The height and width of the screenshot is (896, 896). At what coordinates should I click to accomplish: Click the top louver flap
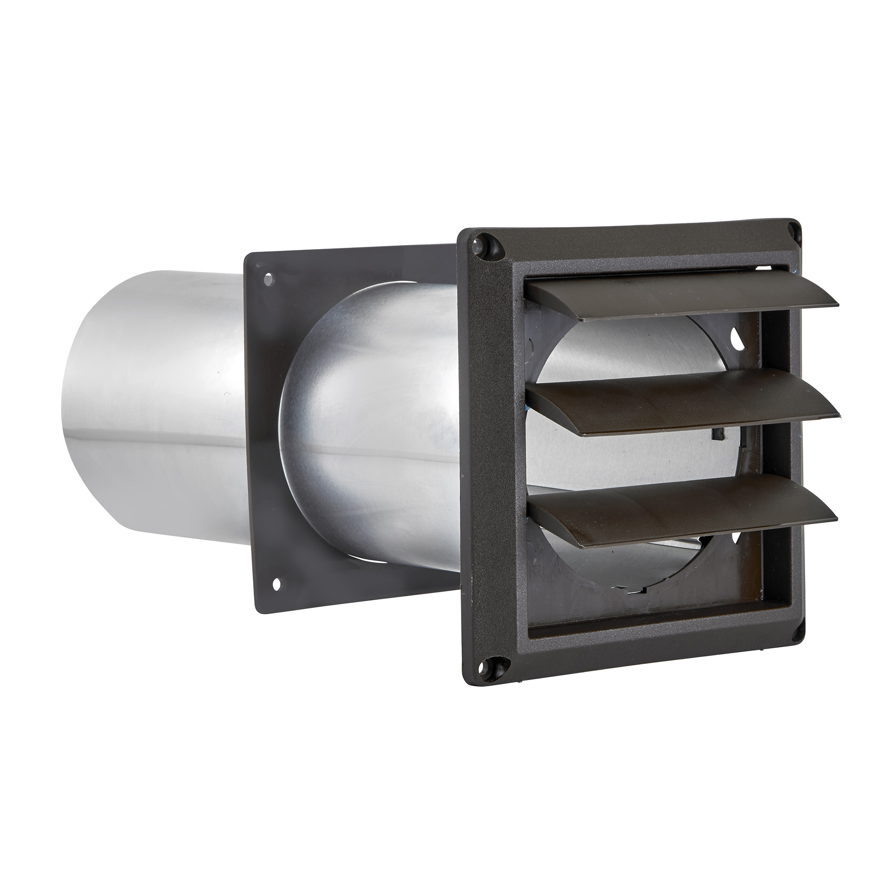point(677,299)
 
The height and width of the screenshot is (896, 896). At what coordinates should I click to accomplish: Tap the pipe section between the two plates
point(371,418)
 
